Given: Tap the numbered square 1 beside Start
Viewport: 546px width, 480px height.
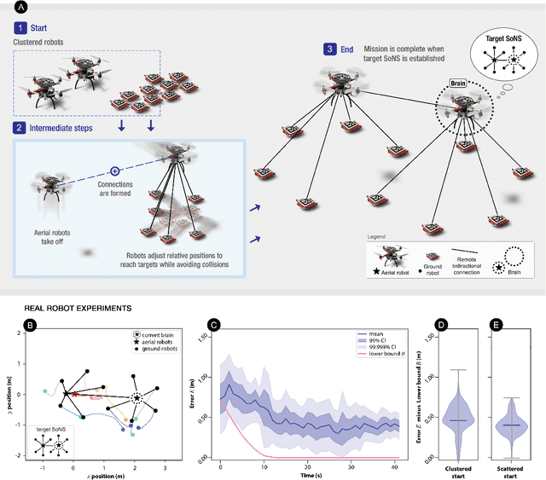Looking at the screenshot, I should pyautogui.click(x=19, y=27).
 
